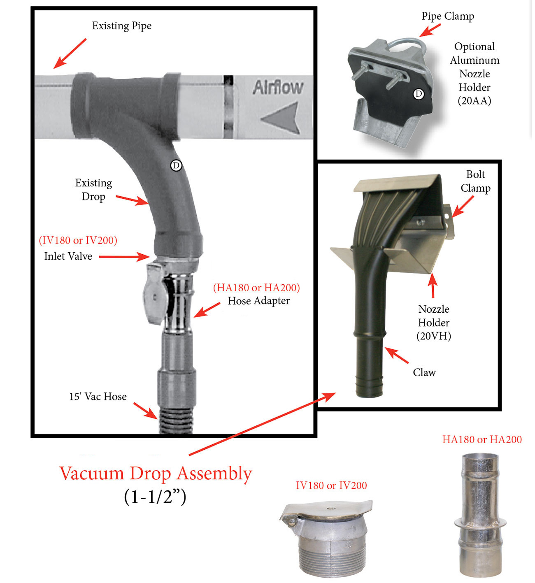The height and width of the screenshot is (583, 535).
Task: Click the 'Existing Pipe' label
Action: coord(122,26)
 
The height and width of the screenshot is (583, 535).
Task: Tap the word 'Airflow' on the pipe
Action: coord(278,87)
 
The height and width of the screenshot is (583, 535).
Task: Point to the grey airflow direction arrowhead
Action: coord(281,118)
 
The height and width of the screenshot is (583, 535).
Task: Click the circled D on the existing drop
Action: coord(176,166)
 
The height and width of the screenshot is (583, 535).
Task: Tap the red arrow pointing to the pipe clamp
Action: coord(430,30)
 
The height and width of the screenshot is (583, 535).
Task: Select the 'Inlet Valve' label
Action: coord(68,257)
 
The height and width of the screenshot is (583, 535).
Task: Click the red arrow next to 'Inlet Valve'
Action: coord(125,257)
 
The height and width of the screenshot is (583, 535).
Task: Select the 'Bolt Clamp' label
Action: coord(476,181)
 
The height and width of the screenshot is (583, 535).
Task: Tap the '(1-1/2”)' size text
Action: coord(155,497)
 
